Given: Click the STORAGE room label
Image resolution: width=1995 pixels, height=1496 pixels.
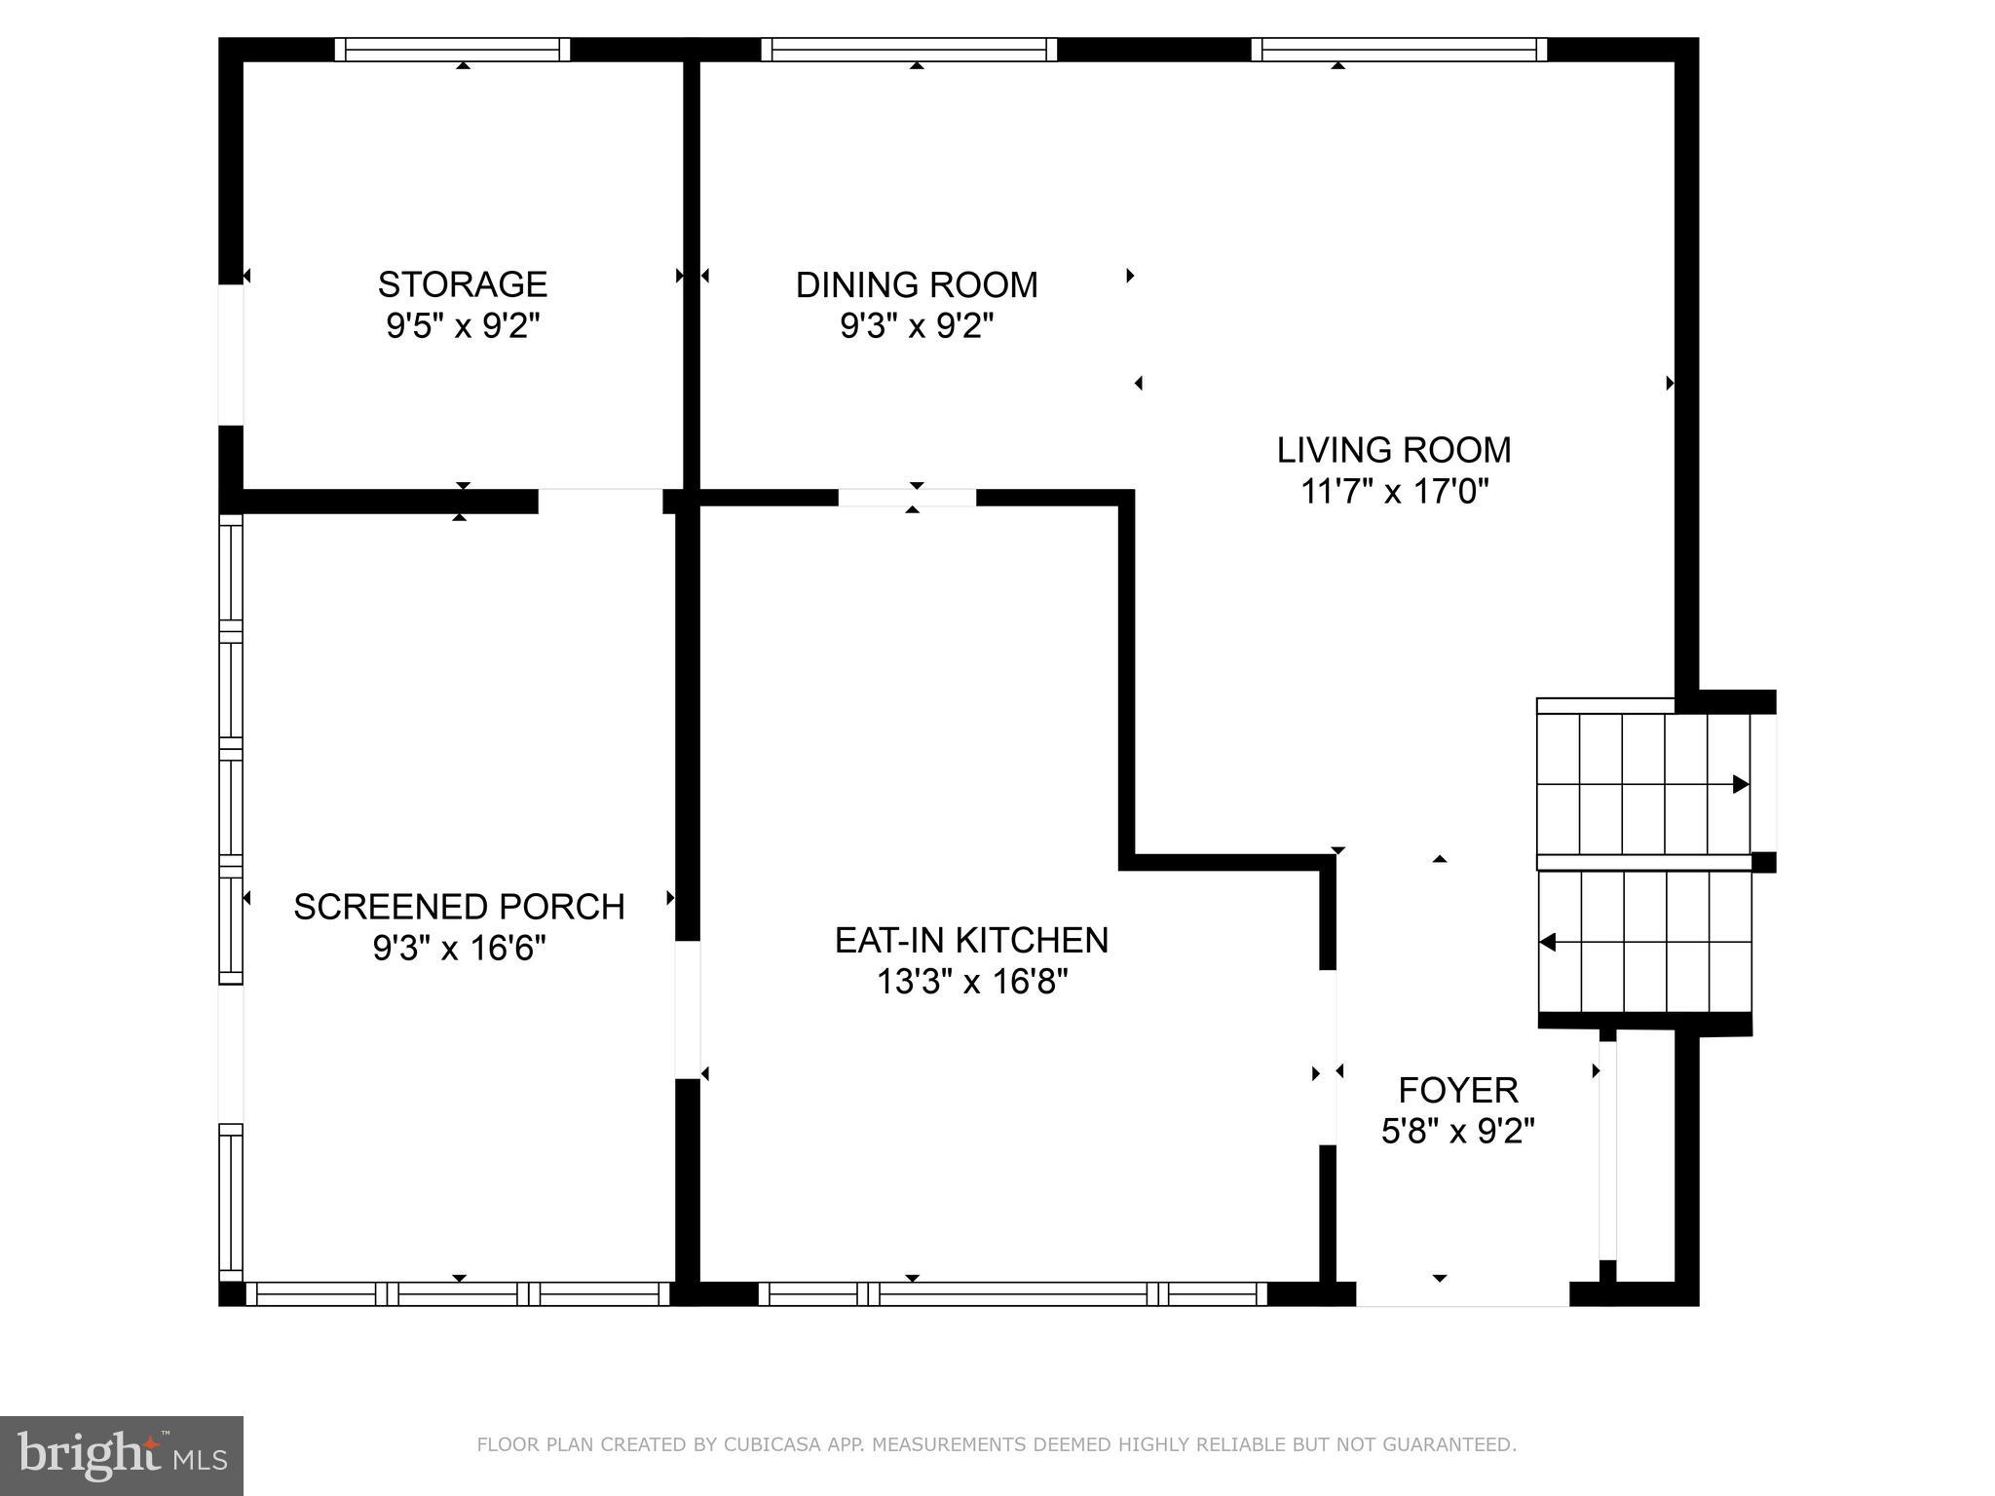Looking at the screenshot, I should pos(463,284).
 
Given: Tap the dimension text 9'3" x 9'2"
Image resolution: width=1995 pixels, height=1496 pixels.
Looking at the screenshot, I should pos(917,325).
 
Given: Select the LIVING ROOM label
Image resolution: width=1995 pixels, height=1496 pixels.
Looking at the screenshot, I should pos(1394,450).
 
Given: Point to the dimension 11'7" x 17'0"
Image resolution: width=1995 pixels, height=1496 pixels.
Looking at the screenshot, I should pos(1395,492).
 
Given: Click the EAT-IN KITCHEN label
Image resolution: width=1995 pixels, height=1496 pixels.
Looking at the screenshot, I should pos(971,940).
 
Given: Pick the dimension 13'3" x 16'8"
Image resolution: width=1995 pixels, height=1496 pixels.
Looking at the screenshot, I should pos(972,982).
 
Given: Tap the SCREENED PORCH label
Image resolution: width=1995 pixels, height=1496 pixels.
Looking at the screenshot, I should pos(459,907).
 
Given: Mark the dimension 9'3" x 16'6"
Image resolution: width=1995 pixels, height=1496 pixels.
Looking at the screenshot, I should pos(459,948).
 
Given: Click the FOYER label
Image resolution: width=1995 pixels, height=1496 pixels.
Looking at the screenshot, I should pos(1458,1090).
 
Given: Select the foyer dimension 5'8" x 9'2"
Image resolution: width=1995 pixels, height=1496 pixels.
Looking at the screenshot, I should pos(1458,1132).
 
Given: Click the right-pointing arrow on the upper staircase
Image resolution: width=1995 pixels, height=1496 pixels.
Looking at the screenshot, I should pos(1740,784).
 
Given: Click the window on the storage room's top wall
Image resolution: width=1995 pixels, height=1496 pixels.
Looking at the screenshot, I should pos(453,50).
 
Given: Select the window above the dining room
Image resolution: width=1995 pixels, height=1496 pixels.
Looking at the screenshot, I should pos(909,50).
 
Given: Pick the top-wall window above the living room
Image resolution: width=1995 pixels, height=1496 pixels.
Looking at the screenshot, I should pos(1399,50).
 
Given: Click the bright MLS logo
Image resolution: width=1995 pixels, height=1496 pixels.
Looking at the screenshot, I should pos(121,1456).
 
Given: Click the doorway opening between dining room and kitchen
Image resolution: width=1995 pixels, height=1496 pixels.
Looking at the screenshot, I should pos(907,498).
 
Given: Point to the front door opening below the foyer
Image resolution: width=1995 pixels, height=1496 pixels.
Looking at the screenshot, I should pos(1462,1294).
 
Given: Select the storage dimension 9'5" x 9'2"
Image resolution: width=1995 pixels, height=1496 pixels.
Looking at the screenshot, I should pos(463,325).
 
